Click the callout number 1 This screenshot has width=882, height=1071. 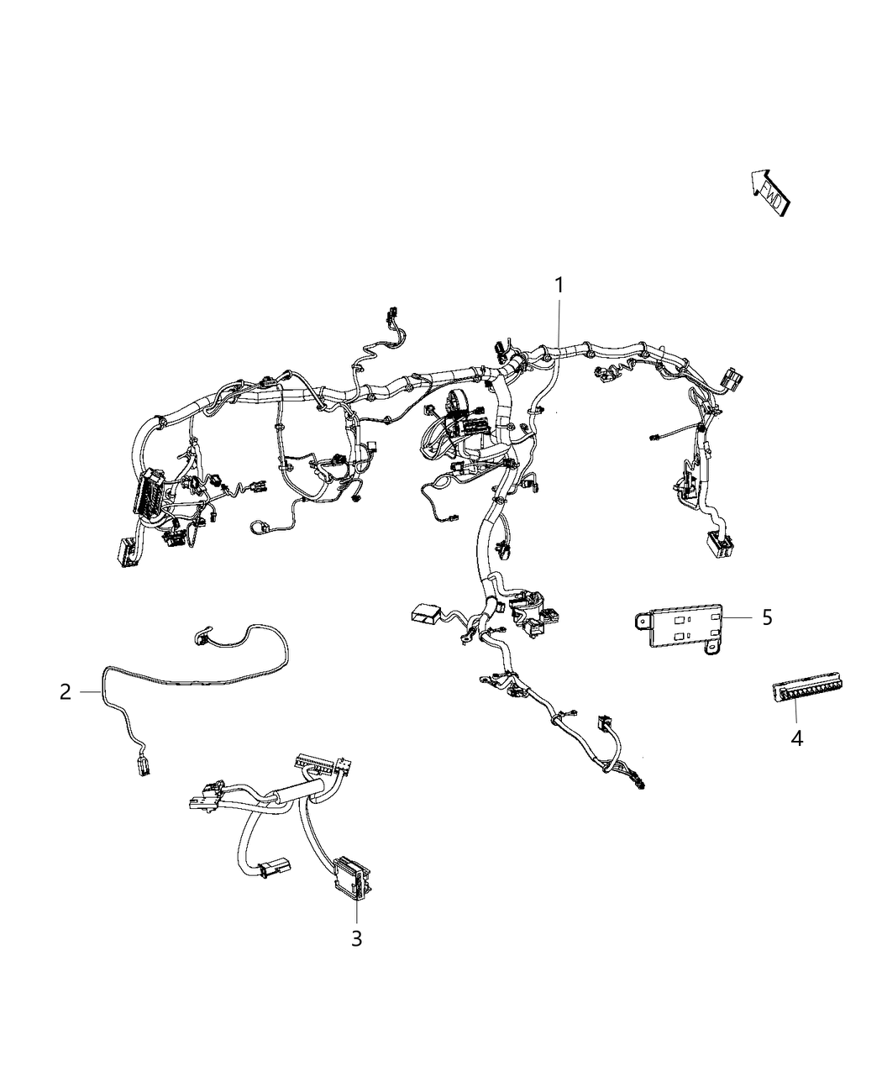559,286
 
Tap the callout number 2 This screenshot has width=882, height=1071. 66,692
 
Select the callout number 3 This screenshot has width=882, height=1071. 356,937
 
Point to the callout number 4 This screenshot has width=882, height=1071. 796,738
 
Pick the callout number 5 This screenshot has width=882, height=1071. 766,617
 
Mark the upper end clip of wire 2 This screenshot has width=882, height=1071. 202,638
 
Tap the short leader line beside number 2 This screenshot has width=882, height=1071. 91,691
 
